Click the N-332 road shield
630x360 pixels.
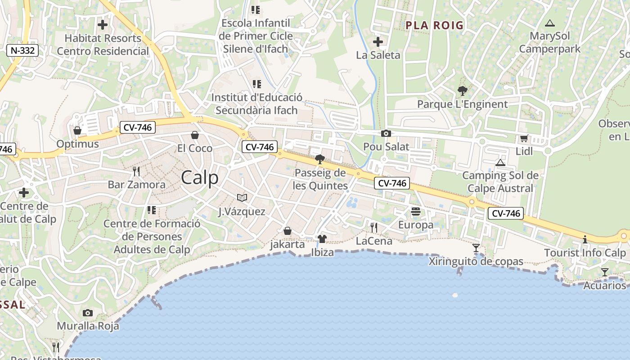22,50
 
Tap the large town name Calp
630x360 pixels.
200,178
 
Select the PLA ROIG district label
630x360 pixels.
434,25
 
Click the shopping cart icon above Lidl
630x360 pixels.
524,139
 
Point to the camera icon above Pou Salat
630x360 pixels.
386,134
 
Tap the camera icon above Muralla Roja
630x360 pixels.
88,313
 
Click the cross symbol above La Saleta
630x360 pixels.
378,42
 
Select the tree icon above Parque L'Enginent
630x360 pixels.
462,91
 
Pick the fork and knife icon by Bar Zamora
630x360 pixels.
136,171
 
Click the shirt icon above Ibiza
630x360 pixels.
322,239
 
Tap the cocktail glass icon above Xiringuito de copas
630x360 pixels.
476,248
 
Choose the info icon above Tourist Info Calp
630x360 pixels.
585,239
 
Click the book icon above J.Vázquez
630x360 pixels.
242,198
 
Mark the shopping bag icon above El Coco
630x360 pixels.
195,135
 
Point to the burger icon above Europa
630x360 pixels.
416,211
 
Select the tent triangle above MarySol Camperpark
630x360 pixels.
549,23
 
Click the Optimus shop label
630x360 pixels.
77,144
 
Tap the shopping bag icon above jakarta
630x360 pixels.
288,231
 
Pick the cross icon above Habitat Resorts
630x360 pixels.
103,25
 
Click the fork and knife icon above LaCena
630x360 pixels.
374,228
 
